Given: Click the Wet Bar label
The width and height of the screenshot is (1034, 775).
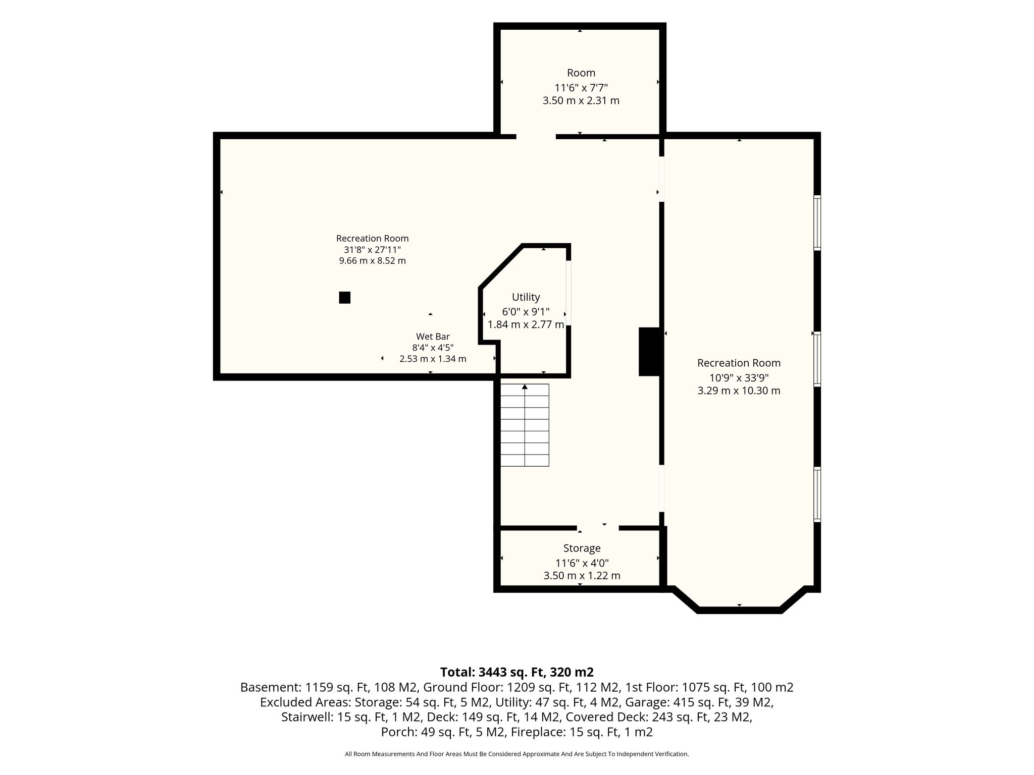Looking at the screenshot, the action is click(433, 337).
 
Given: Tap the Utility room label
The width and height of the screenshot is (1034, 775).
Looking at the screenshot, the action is click(526, 297).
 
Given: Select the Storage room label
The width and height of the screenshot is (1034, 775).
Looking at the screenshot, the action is click(582, 548).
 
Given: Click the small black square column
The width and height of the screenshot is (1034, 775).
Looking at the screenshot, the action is click(345, 298).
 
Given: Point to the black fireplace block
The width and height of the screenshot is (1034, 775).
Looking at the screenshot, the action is click(650, 352).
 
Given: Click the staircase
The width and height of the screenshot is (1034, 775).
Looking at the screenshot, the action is click(525, 425).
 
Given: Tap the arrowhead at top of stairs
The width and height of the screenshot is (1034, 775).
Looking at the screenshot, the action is click(525, 386).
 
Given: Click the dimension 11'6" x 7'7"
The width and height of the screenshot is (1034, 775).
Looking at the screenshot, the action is click(581, 87).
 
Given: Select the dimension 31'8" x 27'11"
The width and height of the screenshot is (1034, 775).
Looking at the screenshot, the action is click(373, 250).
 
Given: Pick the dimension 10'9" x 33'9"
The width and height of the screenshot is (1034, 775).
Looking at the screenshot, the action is click(739, 377).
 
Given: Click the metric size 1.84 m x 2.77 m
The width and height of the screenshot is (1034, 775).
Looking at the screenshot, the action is click(526, 324).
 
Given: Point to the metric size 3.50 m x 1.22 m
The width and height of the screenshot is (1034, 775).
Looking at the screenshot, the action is click(582, 576).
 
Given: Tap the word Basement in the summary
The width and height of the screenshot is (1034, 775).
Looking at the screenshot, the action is click(271, 687).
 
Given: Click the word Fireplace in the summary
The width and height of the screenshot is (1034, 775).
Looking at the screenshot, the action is click(538, 732).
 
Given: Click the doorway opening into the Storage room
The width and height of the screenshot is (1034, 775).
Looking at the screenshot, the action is click(598, 528).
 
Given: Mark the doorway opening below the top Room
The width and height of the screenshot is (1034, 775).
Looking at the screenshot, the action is click(536, 136).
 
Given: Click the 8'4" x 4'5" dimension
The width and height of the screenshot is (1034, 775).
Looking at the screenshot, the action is click(433, 348).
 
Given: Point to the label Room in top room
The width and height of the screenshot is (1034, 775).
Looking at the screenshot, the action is click(581, 73).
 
